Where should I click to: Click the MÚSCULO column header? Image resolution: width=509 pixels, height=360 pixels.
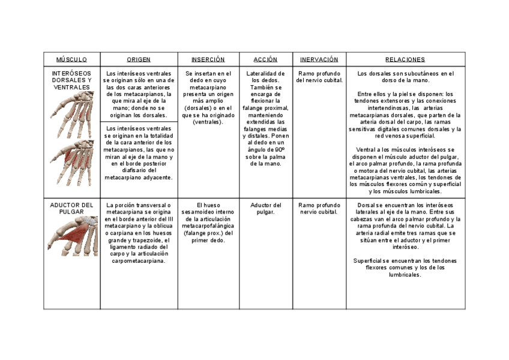click(x=71, y=59)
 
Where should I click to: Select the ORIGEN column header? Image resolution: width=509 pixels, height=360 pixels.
click(x=139, y=59)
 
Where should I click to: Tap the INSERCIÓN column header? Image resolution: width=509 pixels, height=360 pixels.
click(x=208, y=59)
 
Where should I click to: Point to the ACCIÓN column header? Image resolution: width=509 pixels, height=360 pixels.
click(x=265, y=59)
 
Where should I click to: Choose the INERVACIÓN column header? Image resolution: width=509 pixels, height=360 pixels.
click(x=319, y=59)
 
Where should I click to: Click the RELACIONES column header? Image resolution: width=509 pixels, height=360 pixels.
click(x=405, y=59)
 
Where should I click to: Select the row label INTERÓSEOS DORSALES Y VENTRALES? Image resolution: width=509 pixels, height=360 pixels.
click(x=71, y=80)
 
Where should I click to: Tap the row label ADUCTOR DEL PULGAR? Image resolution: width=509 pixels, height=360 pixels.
click(x=71, y=208)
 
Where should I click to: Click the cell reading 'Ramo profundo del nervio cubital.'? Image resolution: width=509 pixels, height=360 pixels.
click(x=319, y=77)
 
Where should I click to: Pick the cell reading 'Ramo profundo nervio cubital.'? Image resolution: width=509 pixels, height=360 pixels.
click(x=319, y=208)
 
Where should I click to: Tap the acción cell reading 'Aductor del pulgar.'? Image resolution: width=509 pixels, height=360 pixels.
click(x=265, y=208)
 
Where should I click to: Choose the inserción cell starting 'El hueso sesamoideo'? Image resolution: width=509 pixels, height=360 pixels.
click(x=208, y=223)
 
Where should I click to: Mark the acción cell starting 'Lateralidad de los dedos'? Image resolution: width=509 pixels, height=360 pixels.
click(x=265, y=118)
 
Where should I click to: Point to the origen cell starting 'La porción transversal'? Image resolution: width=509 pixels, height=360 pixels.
click(x=139, y=233)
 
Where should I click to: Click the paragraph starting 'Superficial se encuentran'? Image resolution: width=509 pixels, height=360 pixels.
click(x=405, y=268)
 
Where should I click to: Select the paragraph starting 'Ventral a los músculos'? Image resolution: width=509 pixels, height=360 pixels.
click(x=405, y=170)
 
